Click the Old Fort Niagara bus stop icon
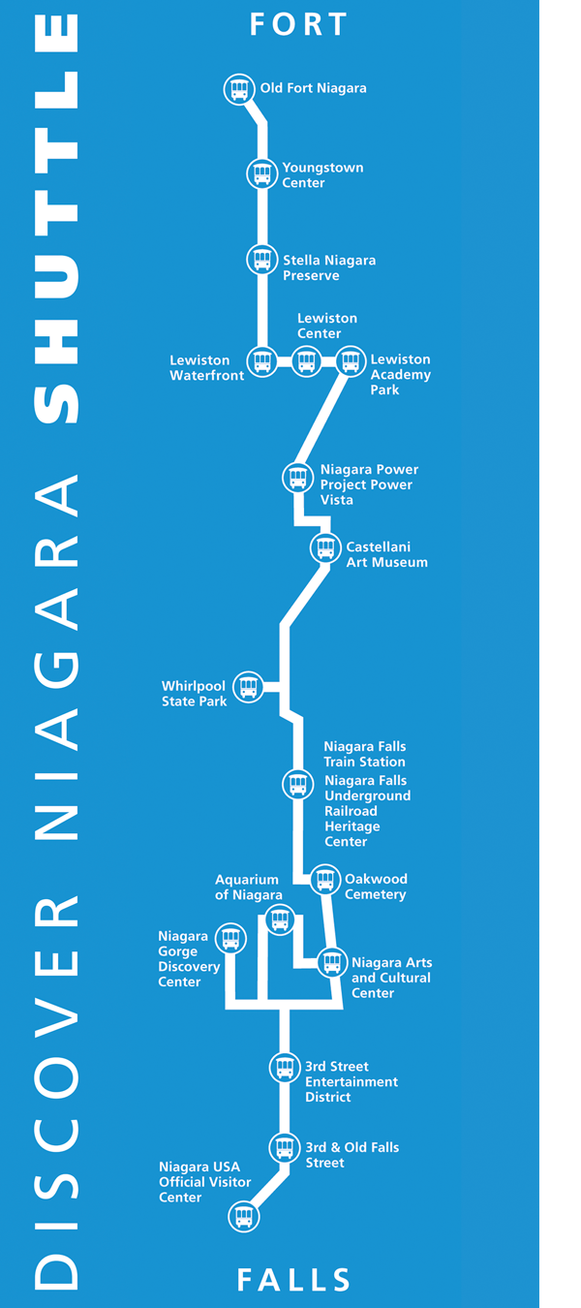239,89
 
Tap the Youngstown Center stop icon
261,174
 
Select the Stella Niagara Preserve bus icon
261,260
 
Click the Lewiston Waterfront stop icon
261,361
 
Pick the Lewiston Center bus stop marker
306,361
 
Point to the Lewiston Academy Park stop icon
351,361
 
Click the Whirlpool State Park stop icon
249,687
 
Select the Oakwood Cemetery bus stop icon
325,881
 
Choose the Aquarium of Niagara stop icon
280,919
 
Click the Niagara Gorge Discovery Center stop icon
230,938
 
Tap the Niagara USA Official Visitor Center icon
244,1216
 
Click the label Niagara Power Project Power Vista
369,484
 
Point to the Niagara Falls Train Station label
364,754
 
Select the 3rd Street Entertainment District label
351,1081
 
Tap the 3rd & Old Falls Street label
352,1155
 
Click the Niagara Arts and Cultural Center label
391,978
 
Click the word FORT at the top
298,24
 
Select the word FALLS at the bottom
294,1280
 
